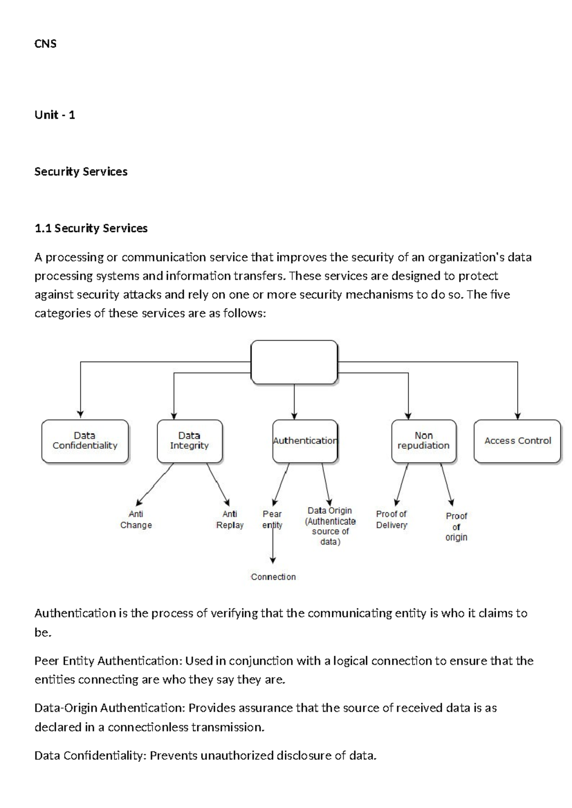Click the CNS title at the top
pos(45,44)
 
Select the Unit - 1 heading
pos(55,115)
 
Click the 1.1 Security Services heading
pos(91,228)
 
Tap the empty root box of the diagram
pos(294,362)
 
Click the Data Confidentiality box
pos(85,441)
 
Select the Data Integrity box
pos(189,441)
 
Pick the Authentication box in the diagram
pos(305,441)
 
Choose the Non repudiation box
pos(423,441)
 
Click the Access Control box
pos(517,441)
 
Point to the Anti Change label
pos(136,520)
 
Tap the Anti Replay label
pos(230,520)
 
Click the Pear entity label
pos(272,520)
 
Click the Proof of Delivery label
pos(391,520)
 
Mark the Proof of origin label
pos(456,526)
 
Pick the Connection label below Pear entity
pos(273,577)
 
